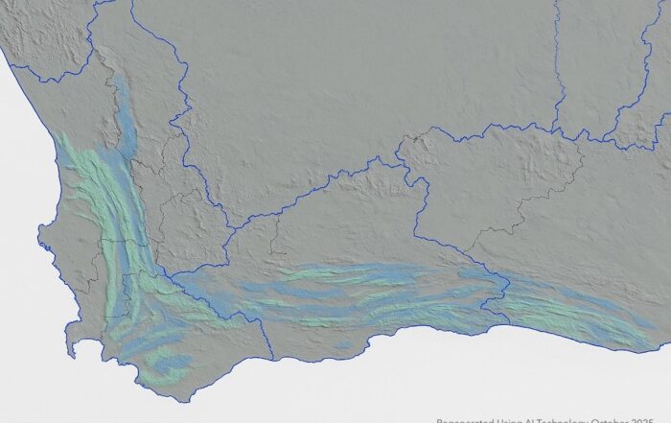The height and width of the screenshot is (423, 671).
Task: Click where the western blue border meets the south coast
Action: [x=273, y=360]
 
